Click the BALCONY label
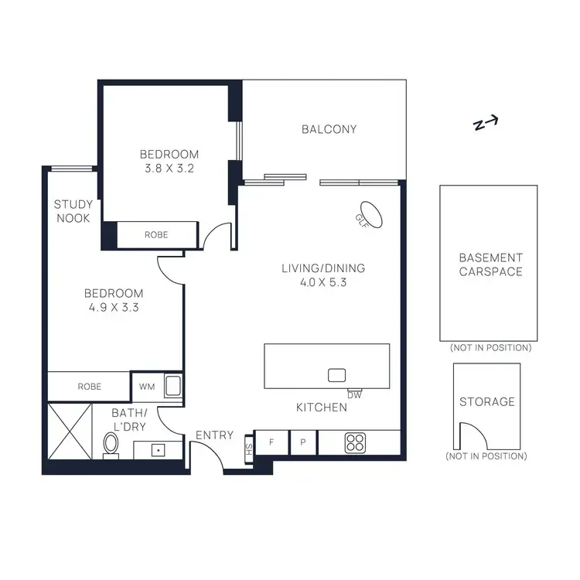(x=329, y=129)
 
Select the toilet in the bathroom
(x=111, y=444)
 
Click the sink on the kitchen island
(x=336, y=375)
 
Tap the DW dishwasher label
(x=355, y=395)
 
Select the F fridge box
(x=271, y=443)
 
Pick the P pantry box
(x=303, y=443)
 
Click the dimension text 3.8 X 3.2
(x=169, y=168)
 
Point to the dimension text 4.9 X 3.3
(x=114, y=307)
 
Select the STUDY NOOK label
(x=73, y=211)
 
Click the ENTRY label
(x=214, y=435)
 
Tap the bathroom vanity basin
(x=158, y=449)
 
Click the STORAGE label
(x=486, y=401)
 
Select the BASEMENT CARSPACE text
(x=490, y=264)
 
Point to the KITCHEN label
(x=322, y=407)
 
